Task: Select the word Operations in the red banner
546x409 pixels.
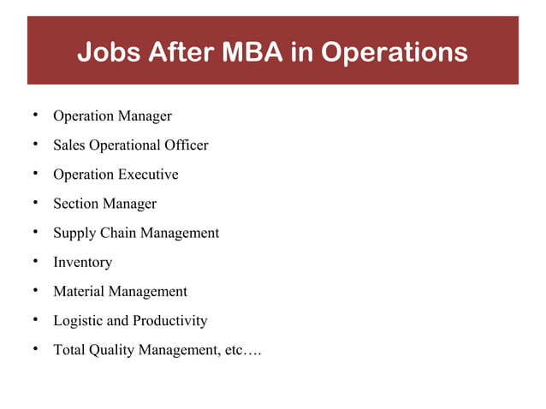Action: point(395,52)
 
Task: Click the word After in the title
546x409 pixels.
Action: point(180,52)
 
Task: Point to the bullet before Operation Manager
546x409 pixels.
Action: point(36,115)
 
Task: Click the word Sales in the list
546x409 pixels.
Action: point(68,145)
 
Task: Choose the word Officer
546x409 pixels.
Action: point(184,145)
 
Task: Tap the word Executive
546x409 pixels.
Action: point(147,175)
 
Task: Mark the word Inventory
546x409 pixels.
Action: point(82,263)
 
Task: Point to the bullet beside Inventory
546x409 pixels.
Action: point(36,262)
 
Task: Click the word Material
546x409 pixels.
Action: point(78,292)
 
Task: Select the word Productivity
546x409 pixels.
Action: point(169,321)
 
